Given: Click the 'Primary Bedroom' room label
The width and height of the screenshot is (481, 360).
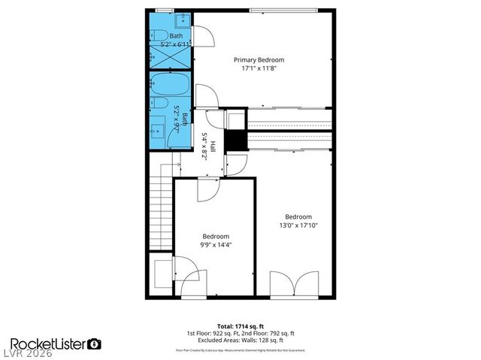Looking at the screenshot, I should (x=259, y=59).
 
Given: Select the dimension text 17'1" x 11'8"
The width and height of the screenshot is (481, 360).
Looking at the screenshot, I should (x=259, y=68).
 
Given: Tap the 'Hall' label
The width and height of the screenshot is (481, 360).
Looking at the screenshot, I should (x=213, y=146).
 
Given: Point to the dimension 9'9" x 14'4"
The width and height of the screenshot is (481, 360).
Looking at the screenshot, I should (x=216, y=244).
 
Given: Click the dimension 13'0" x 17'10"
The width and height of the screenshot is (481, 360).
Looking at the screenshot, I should (x=295, y=225).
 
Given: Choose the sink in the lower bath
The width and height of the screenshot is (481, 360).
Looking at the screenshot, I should (x=157, y=127).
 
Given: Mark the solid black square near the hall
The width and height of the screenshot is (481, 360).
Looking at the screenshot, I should (x=236, y=141).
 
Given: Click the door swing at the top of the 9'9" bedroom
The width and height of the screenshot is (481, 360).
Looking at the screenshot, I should (x=208, y=189).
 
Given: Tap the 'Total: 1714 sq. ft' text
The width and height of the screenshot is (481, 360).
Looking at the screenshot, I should (x=240, y=325).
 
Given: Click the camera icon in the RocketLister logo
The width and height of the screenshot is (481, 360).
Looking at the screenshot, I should (x=95, y=343).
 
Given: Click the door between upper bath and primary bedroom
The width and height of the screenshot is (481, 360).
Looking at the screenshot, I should (x=202, y=35).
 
